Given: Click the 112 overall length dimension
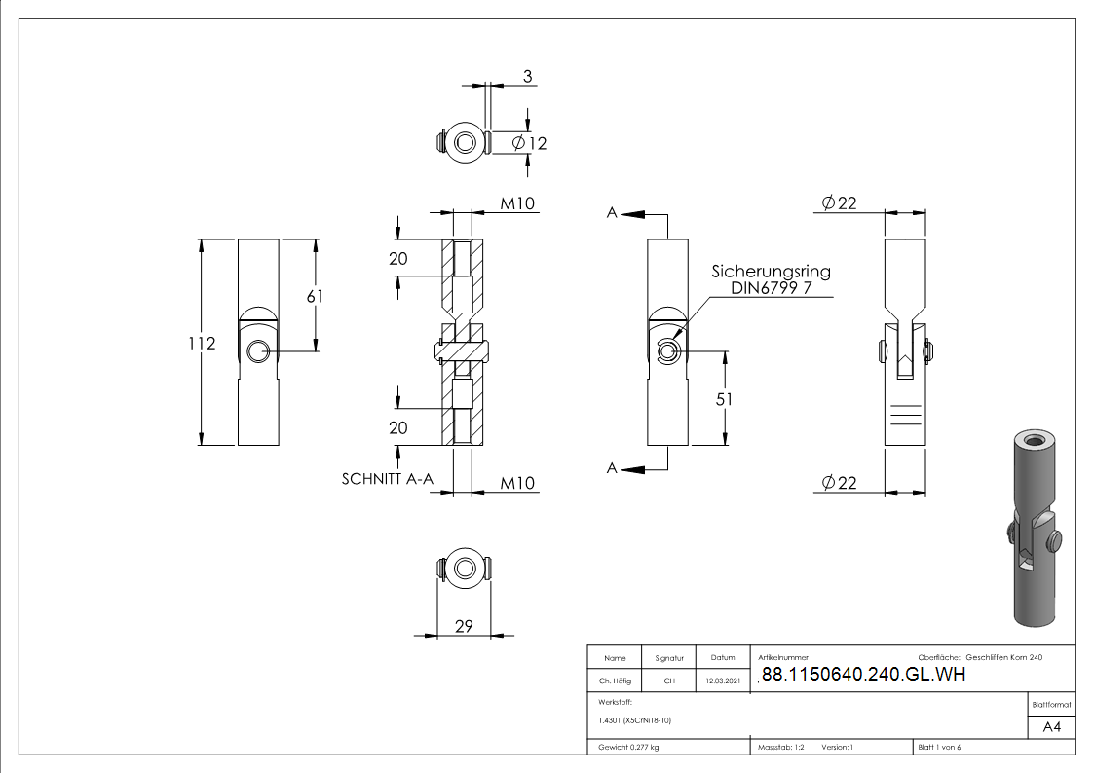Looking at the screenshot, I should (x=203, y=344).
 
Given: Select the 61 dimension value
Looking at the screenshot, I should (x=315, y=297).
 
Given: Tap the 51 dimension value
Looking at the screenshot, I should (x=724, y=399).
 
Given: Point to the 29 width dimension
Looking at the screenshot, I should (x=464, y=626).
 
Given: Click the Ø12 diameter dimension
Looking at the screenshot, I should (x=529, y=143).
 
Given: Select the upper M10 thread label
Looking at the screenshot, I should (x=518, y=203).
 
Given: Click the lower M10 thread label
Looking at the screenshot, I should (x=518, y=483).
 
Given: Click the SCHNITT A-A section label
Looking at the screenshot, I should (x=387, y=479).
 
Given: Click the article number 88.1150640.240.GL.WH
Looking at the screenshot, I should (x=862, y=675).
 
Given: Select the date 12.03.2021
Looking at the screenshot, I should (x=722, y=681).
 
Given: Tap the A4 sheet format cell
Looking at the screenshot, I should (x=1052, y=727).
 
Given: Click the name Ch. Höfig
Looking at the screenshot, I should (x=615, y=681).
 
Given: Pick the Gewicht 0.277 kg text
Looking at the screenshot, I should (x=628, y=747).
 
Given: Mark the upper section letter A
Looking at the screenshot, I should (x=612, y=213).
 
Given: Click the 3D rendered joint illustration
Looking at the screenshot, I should (x=1032, y=527).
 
